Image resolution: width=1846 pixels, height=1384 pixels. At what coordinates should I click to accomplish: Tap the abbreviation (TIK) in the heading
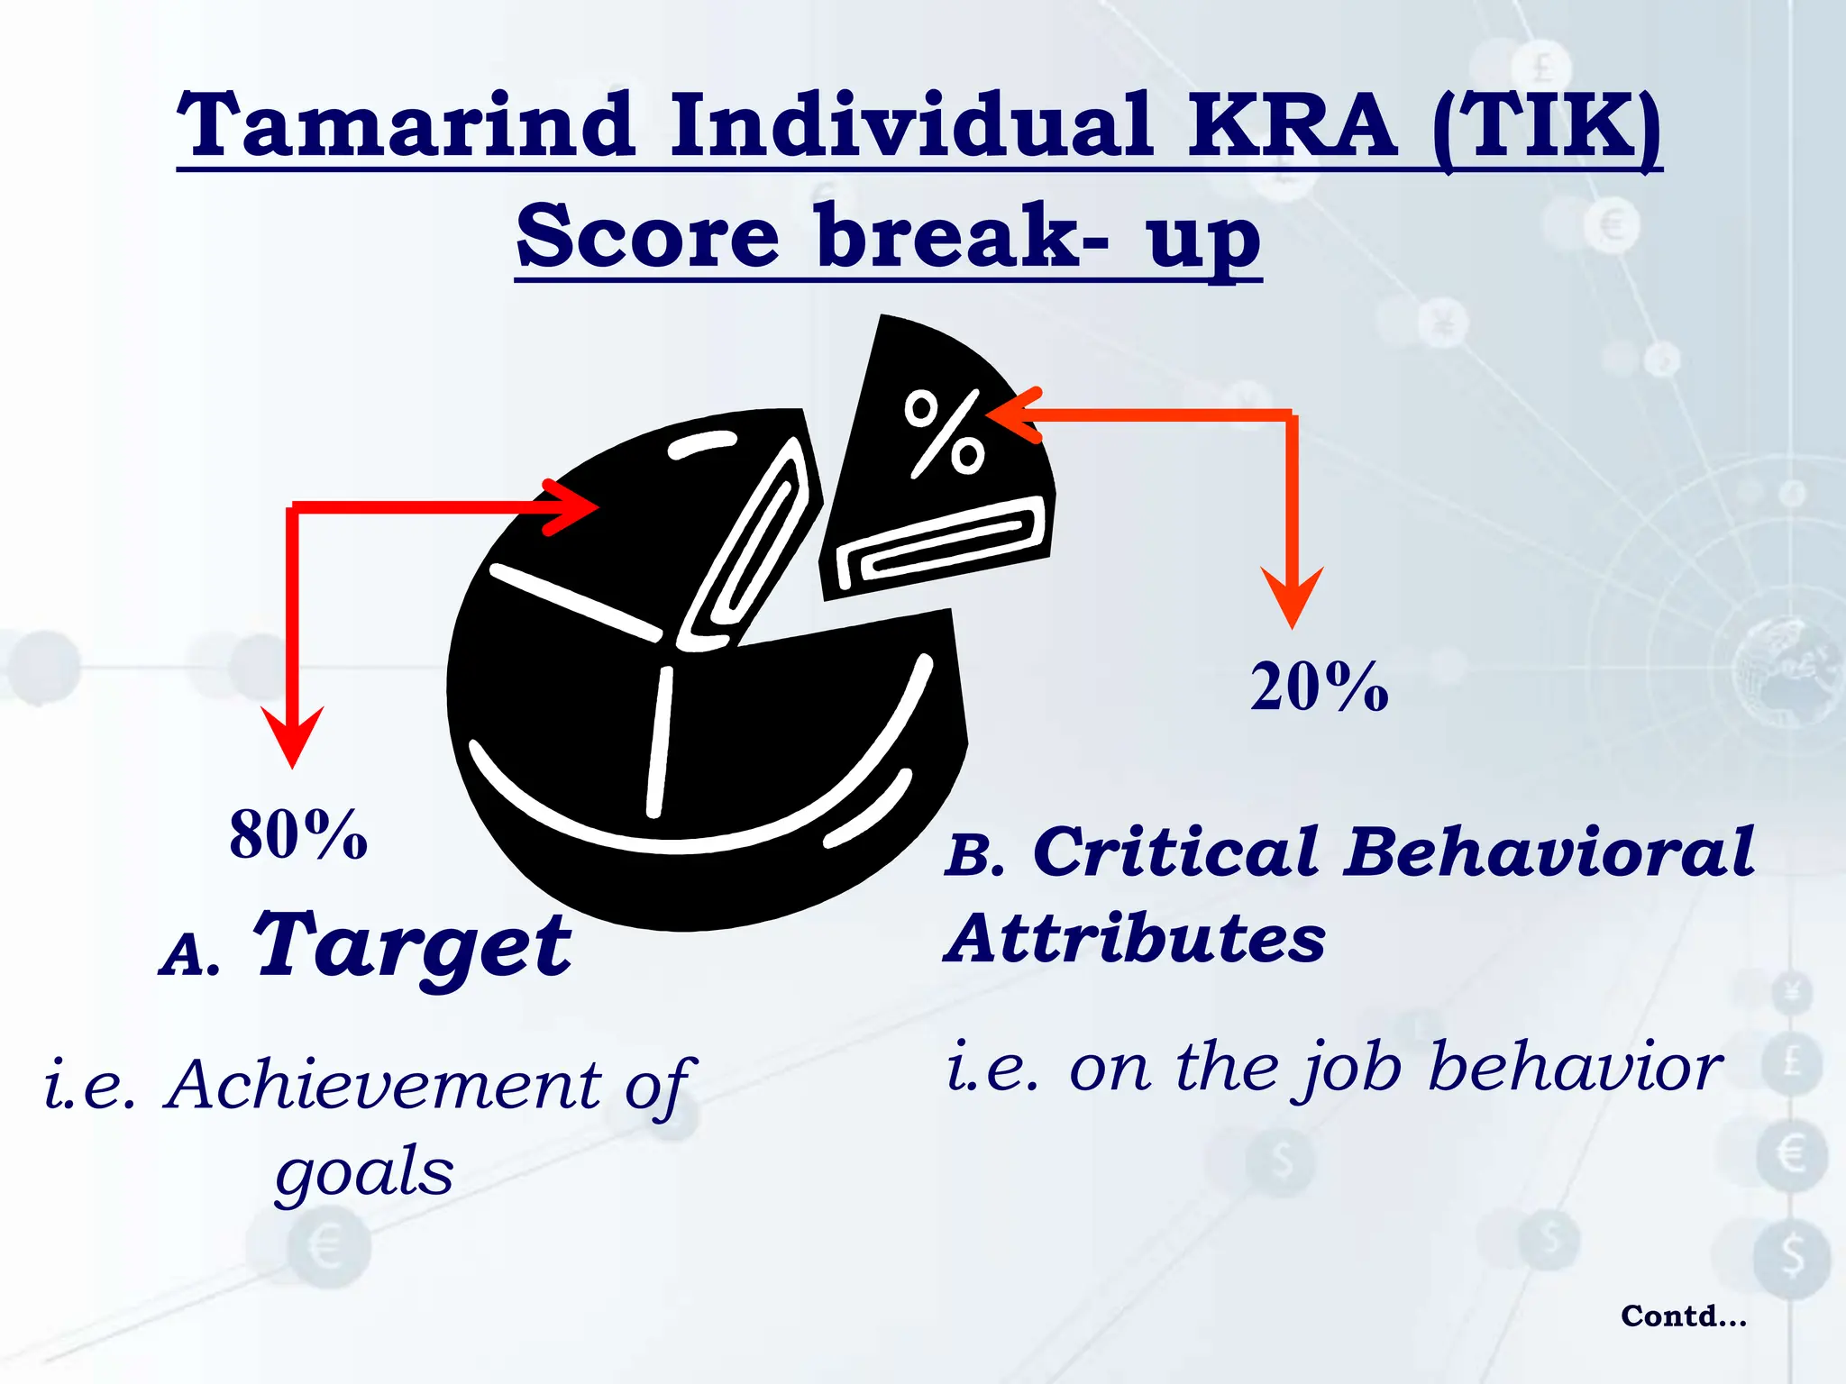click(1546, 126)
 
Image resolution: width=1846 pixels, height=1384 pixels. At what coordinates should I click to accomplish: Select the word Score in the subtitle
click(647, 236)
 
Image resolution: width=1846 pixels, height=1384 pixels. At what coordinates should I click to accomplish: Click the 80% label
click(298, 834)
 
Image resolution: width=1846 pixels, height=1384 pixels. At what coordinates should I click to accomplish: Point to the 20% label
click(1319, 687)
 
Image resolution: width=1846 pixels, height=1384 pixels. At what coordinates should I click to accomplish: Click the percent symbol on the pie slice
click(945, 433)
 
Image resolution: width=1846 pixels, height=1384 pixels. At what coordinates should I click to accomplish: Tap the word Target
click(412, 946)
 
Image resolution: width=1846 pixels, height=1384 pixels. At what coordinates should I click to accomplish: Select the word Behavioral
click(1548, 852)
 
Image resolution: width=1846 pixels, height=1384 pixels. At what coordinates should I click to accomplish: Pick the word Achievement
click(383, 1085)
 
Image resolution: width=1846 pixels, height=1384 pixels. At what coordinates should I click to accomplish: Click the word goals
click(364, 1173)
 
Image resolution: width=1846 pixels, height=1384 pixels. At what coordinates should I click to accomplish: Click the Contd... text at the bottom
click(1683, 1316)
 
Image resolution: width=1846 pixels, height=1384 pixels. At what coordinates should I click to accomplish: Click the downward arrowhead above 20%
click(1292, 597)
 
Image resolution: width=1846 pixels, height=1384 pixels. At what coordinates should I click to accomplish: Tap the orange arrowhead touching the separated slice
click(1011, 415)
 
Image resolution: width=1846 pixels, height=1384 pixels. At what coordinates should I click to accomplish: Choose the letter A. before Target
click(189, 956)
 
